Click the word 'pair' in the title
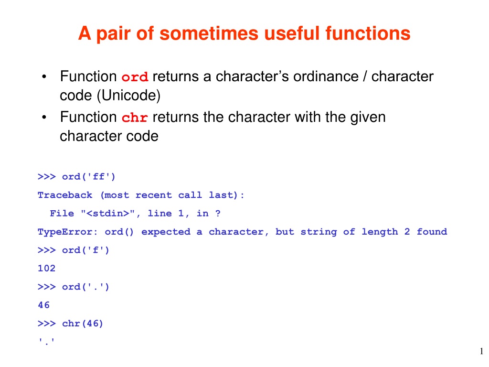[x=114, y=34]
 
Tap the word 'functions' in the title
[x=368, y=33]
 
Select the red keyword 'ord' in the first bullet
[x=135, y=77]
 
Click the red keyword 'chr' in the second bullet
[x=135, y=118]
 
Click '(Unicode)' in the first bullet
[x=129, y=96]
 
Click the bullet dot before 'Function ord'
[x=44, y=77]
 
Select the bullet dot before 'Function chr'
[x=44, y=118]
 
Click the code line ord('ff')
[x=88, y=177]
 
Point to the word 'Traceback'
[x=65, y=195]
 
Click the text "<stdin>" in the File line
[x=107, y=214]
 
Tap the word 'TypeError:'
[x=68, y=232]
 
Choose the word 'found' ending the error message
[x=432, y=232]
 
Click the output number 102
[x=46, y=268]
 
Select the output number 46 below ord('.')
[x=43, y=305]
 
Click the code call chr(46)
[x=82, y=324]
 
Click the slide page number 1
[x=481, y=351]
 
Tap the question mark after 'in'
[x=218, y=214]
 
